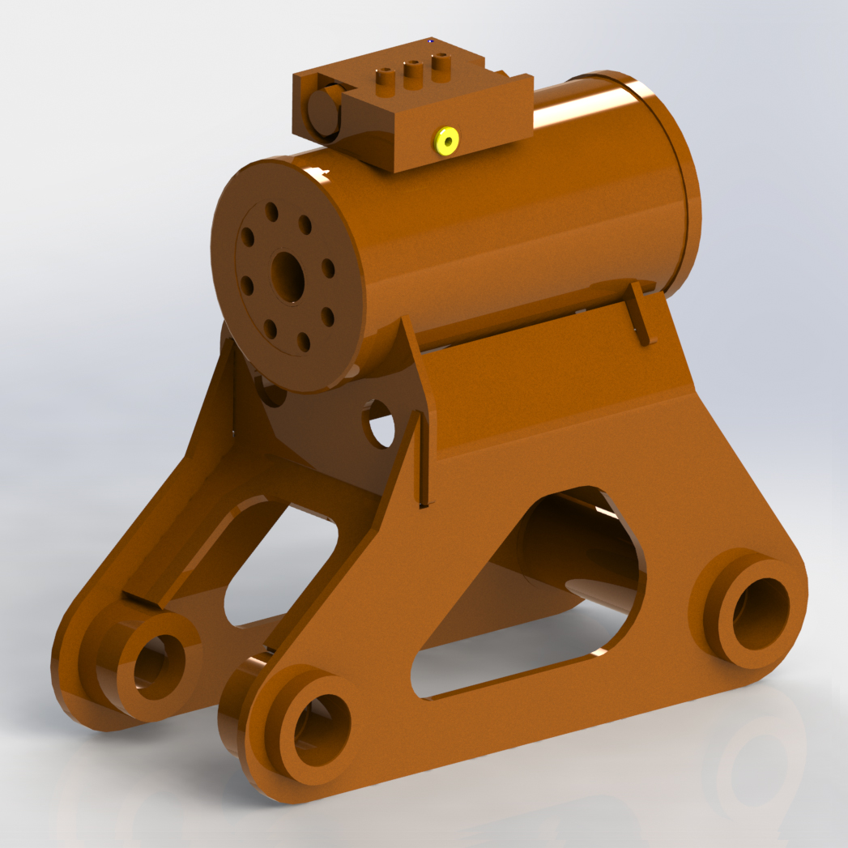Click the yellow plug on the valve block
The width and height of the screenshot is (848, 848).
(x=446, y=141)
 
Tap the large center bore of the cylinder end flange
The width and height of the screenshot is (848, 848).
(x=288, y=275)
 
